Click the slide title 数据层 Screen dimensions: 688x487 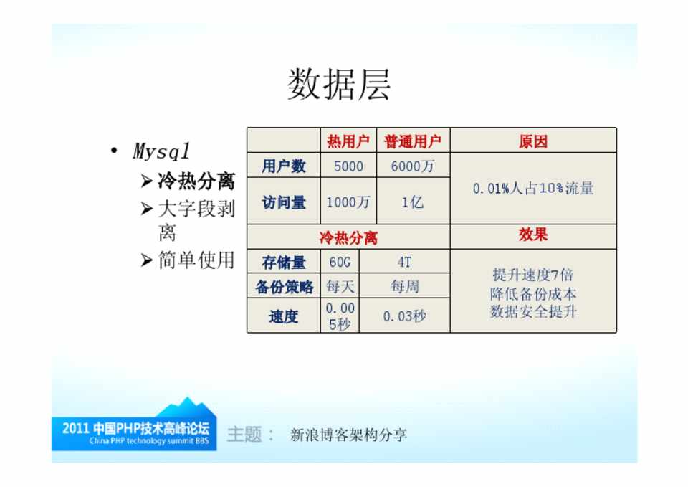pyautogui.click(x=339, y=85)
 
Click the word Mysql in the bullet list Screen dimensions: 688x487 pyautogui.click(x=161, y=151)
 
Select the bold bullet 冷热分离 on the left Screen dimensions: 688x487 pyautogui.click(x=196, y=181)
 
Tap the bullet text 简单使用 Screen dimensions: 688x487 pyautogui.click(x=196, y=260)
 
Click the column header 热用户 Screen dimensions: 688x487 pyautogui.click(x=348, y=141)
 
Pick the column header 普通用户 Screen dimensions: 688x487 pyautogui.click(x=413, y=141)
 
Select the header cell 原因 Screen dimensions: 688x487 pyautogui.click(x=533, y=141)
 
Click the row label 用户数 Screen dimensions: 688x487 pyautogui.click(x=284, y=166)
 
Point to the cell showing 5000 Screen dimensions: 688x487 pyautogui.click(x=348, y=166)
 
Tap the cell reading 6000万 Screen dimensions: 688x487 pyautogui.click(x=413, y=166)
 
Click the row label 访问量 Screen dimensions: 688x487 pyautogui.click(x=284, y=202)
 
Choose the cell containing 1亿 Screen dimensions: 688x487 pyautogui.click(x=413, y=202)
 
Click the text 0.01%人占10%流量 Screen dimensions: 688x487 pyautogui.click(x=533, y=189)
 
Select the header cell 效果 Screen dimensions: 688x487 pyautogui.click(x=533, y=235)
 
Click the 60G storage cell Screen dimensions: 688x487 pyautogui.click(x=340, y=263)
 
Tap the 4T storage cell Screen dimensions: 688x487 pyautogui.click(x=404, y=263)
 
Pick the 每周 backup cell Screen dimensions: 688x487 pyautogui.click(x=404, y=287)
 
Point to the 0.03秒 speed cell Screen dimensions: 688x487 pyautogui.click(x=404, y=316)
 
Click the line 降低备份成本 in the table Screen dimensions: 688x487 pyautogui.click(x=533, y=293)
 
